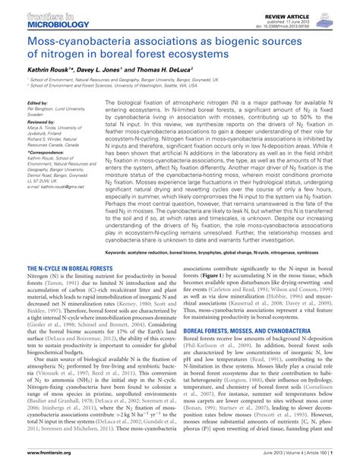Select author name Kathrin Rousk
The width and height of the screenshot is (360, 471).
tap(49, 68)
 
